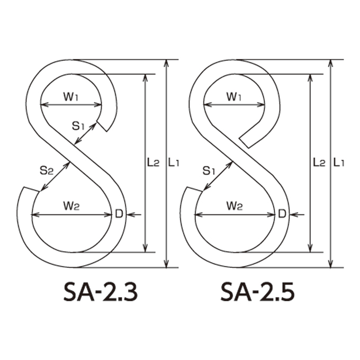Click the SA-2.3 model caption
tap(101, 292)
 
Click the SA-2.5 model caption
tap(257, 292)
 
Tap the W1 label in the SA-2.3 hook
tap(71, 97)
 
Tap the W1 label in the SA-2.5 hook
tap(234, 97)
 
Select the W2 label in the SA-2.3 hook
tap(71, 206)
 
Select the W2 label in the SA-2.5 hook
tap(235, 206)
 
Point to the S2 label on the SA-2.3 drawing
tap(47, 170)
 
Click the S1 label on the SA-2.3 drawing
tap(78, 126)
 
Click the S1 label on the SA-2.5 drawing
tap(209, 170)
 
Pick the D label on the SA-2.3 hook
tap(119, 214)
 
